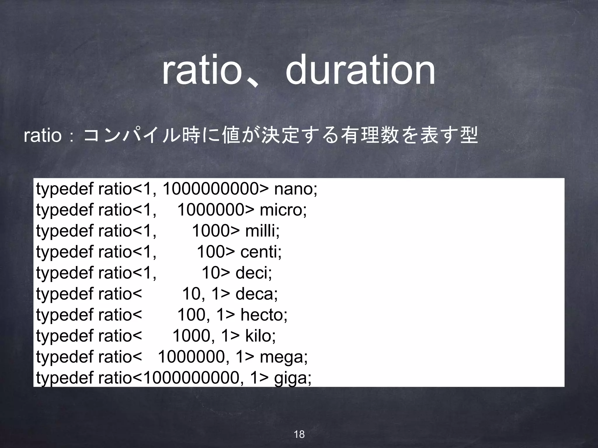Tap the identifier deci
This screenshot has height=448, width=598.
point(253,273)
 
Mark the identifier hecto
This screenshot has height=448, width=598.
point(263,315)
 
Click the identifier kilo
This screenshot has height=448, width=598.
point(260,336)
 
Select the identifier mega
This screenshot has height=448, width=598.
point(283,357)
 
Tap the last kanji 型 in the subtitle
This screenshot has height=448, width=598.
point(468,136)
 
